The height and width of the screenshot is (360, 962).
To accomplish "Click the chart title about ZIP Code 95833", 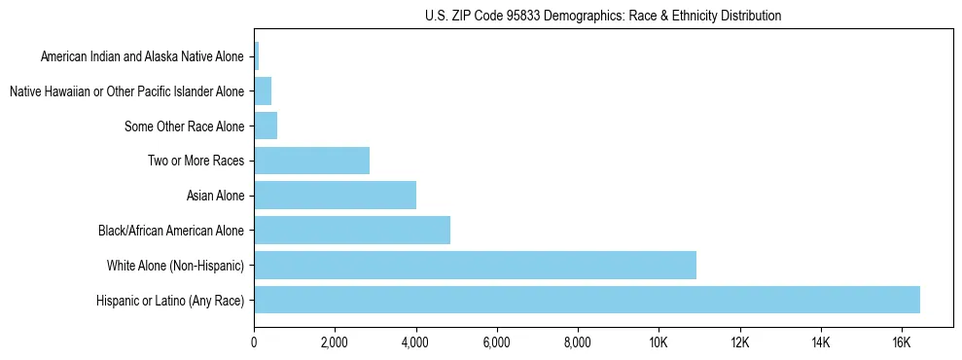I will (603, 16).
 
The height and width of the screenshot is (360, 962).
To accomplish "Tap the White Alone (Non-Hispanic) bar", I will (475, 265).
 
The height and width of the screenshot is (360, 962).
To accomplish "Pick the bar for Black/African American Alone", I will (352, 231).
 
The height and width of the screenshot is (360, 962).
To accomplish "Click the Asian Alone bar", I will (335, 196).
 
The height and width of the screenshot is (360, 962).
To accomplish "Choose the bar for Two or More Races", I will (311, 161).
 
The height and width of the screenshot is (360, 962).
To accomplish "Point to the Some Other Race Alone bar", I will (266, 126).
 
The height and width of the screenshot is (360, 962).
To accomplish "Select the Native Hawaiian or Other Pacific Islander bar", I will (263, 91).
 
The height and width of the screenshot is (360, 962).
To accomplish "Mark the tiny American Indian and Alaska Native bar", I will (256, 56).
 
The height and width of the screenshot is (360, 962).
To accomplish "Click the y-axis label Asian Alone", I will (215, 196).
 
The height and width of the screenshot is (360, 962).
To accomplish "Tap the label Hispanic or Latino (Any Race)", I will (170, 301).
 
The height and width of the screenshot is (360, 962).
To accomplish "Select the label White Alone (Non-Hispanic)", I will (176, 266).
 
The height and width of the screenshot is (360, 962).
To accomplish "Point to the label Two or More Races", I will (196, 161).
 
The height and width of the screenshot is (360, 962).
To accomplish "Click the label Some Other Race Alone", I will (185, 126).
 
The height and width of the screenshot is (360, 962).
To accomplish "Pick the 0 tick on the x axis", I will (254, 342).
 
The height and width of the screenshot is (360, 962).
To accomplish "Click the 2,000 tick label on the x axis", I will (335, 342).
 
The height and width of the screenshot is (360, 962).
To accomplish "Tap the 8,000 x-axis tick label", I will (578, 342).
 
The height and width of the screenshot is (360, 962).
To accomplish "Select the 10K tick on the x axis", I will (659, 342).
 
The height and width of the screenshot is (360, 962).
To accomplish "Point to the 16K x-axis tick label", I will (902, 342).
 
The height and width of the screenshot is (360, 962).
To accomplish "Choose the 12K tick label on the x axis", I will (739, 342).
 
